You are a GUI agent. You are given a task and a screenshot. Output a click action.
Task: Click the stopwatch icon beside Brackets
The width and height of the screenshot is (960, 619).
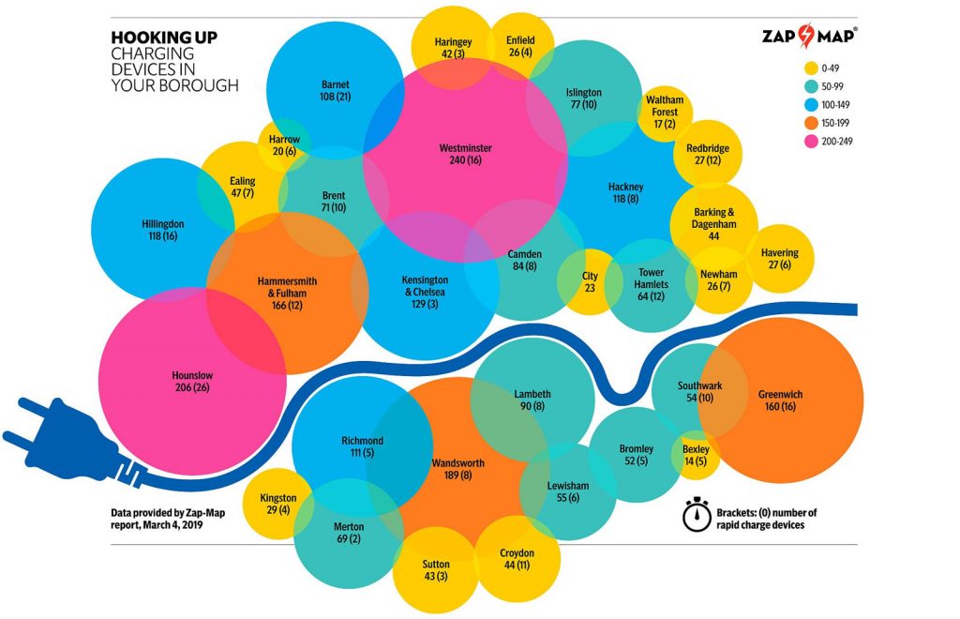(695, 515)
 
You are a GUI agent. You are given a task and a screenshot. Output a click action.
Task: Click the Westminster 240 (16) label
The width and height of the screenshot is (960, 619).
(465, 154)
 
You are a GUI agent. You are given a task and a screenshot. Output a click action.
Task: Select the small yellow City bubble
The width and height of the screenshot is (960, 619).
(589, 281)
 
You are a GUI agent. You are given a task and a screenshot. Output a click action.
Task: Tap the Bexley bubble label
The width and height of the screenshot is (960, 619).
(696, 456)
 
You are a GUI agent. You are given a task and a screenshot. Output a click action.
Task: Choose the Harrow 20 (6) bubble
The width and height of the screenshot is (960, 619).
(284, 145)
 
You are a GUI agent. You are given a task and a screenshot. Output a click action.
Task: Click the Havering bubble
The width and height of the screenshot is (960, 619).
(780, 259)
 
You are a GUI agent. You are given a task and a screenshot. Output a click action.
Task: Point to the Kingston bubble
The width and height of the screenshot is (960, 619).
(278, 504)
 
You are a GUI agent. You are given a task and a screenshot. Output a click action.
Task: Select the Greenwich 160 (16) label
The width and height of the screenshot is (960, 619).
(780, 400)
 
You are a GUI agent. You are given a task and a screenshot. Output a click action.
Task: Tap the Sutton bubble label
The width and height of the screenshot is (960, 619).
(435, 570)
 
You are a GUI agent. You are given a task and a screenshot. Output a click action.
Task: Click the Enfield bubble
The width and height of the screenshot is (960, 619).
(519, 47)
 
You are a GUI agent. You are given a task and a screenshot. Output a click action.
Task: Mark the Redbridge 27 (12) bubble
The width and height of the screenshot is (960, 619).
(707, 155)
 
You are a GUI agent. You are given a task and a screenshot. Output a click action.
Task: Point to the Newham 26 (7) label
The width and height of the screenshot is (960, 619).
(718, 280)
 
